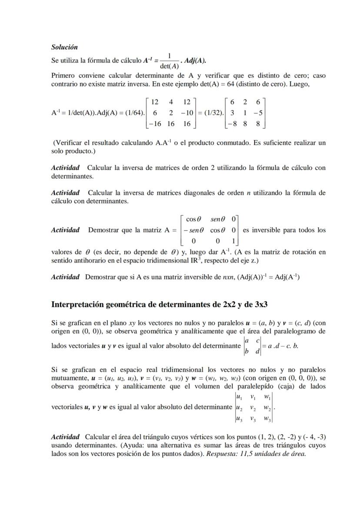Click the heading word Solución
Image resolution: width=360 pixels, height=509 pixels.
click(x=64, y=47)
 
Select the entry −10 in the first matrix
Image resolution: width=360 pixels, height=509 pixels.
click(x=187, y=113)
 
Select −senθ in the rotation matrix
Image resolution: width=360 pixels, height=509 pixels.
click(x=193, y=230)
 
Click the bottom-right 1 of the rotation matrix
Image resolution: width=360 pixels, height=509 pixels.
click(x=233, y=241)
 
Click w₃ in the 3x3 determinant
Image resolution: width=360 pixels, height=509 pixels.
click(x=267, y=419)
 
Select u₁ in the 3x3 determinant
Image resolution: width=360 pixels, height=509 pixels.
click(x=239, y=396)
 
